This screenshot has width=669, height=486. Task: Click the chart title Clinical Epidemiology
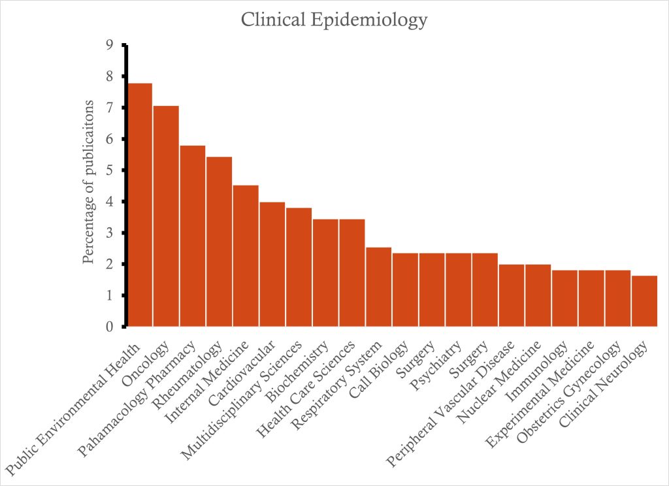334,20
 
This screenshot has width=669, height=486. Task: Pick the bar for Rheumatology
219,241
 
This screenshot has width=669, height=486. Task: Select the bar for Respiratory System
378,287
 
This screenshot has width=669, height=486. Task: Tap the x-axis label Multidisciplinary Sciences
242,398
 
